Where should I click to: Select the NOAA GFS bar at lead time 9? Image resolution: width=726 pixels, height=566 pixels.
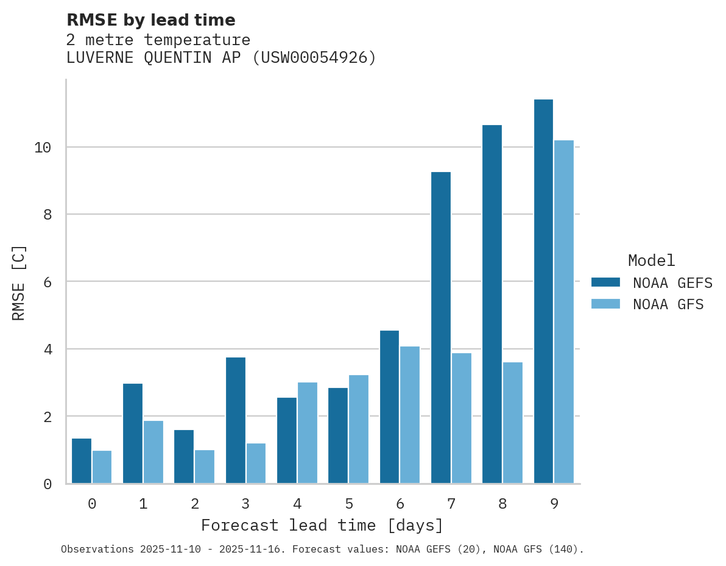[x=564, y=312]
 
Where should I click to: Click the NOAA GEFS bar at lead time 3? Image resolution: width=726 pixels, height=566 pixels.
[x=235, y=420]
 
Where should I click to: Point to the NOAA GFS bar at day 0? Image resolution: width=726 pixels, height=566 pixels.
[x=102, y=467]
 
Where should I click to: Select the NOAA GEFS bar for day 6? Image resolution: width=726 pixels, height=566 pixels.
[x=389, y=407]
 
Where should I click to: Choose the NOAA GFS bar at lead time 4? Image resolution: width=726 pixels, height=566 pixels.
[x=307, y=432]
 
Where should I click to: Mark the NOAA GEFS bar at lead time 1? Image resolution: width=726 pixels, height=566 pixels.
[x=133, y=433]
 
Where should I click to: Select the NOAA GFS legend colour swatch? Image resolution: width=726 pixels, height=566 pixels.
[x=605, y=304]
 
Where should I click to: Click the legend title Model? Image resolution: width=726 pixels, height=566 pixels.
[x=651, y=261]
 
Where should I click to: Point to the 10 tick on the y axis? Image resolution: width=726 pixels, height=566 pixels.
[x=43, y=148]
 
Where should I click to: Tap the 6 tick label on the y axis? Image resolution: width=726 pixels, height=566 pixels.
[x=47, y=282]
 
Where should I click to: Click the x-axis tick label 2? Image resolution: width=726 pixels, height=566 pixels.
[x=194, y=504]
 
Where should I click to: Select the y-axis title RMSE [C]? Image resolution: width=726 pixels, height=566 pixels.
[x=19, y=282]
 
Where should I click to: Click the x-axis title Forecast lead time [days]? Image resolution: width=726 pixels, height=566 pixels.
[x=322, y=525]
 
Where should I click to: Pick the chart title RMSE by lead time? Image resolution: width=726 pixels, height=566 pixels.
[x=150, y=20]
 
